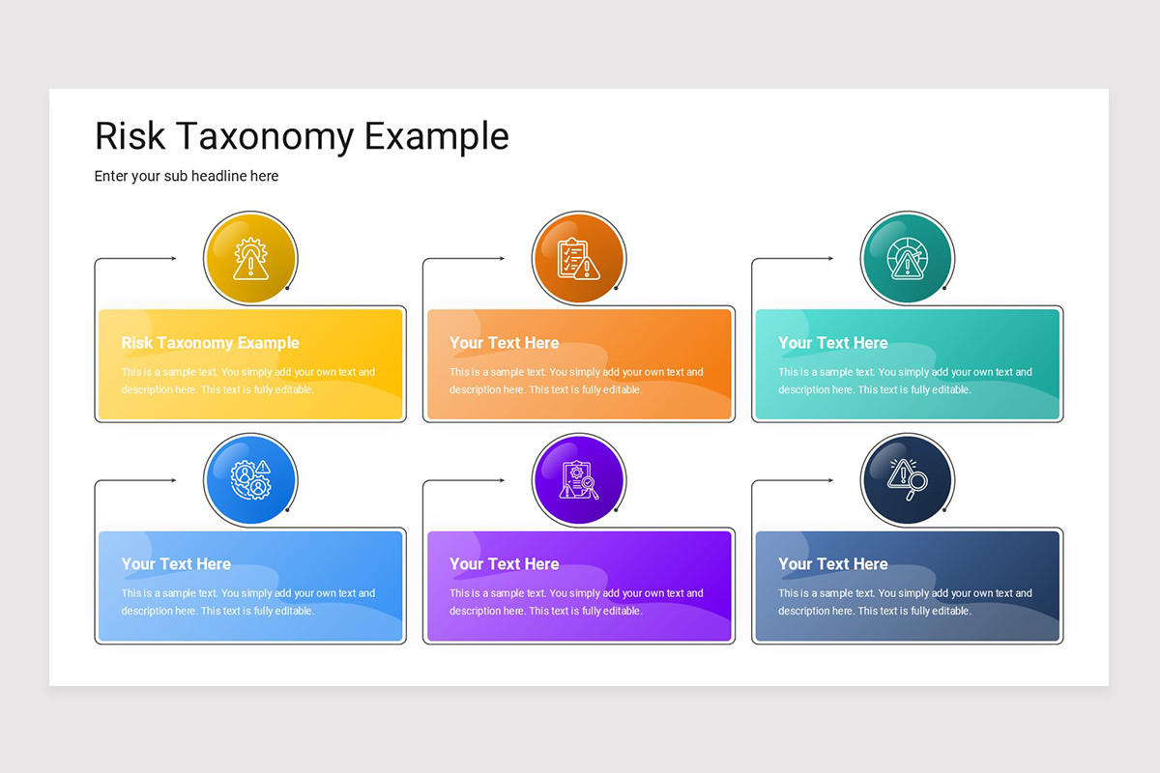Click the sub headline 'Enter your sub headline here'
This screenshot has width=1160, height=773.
pyautogui.click(x=187, y=176)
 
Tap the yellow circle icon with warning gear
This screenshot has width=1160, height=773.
pyautogui.click(x=250, y=259)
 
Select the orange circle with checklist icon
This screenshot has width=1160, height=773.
pyautogui.click(x=579, y=259)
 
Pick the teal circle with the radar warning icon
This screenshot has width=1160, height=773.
pyautogui.click(x=907, y=259)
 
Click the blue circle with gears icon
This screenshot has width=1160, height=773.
pyautogui.click(x=250, y=480)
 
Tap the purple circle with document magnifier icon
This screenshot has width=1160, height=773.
pyautogui.click(x=579, y=480)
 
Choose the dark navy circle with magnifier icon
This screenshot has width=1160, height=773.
pyautogui.click(x=907, y=480)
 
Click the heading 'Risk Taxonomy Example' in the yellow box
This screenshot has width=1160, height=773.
pyautogui.click(x=210, y=343)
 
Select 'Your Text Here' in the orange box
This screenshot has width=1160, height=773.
pyautogui.click(x=504, y=343)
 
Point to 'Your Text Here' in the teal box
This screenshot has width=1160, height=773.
pyautogui.click(x=832, y=343)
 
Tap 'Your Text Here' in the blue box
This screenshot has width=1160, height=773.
pyautogui.click(x=176, y=564)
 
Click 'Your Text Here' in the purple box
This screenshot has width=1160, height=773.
pyautogui.click(x=504, y=564)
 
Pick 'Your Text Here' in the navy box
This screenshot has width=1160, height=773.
pyautogui.click(x=832, y=564)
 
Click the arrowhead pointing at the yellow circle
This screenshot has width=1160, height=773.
pyautogui.click(x=173, y=258)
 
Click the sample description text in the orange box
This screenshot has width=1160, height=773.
pyautogui.click(x=576, y=381)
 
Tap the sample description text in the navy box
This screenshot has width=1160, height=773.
pyautogui.click(x=905, y=602)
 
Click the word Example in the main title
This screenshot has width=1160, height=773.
pyautogui.click(x=436, y=137)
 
